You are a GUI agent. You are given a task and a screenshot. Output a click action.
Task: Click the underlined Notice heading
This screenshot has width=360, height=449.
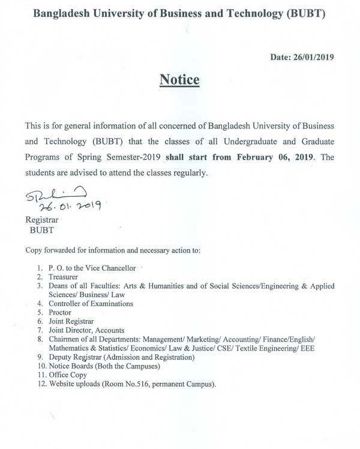point(179,80)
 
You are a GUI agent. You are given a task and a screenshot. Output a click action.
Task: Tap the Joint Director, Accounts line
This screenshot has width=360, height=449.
point(88,330)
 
